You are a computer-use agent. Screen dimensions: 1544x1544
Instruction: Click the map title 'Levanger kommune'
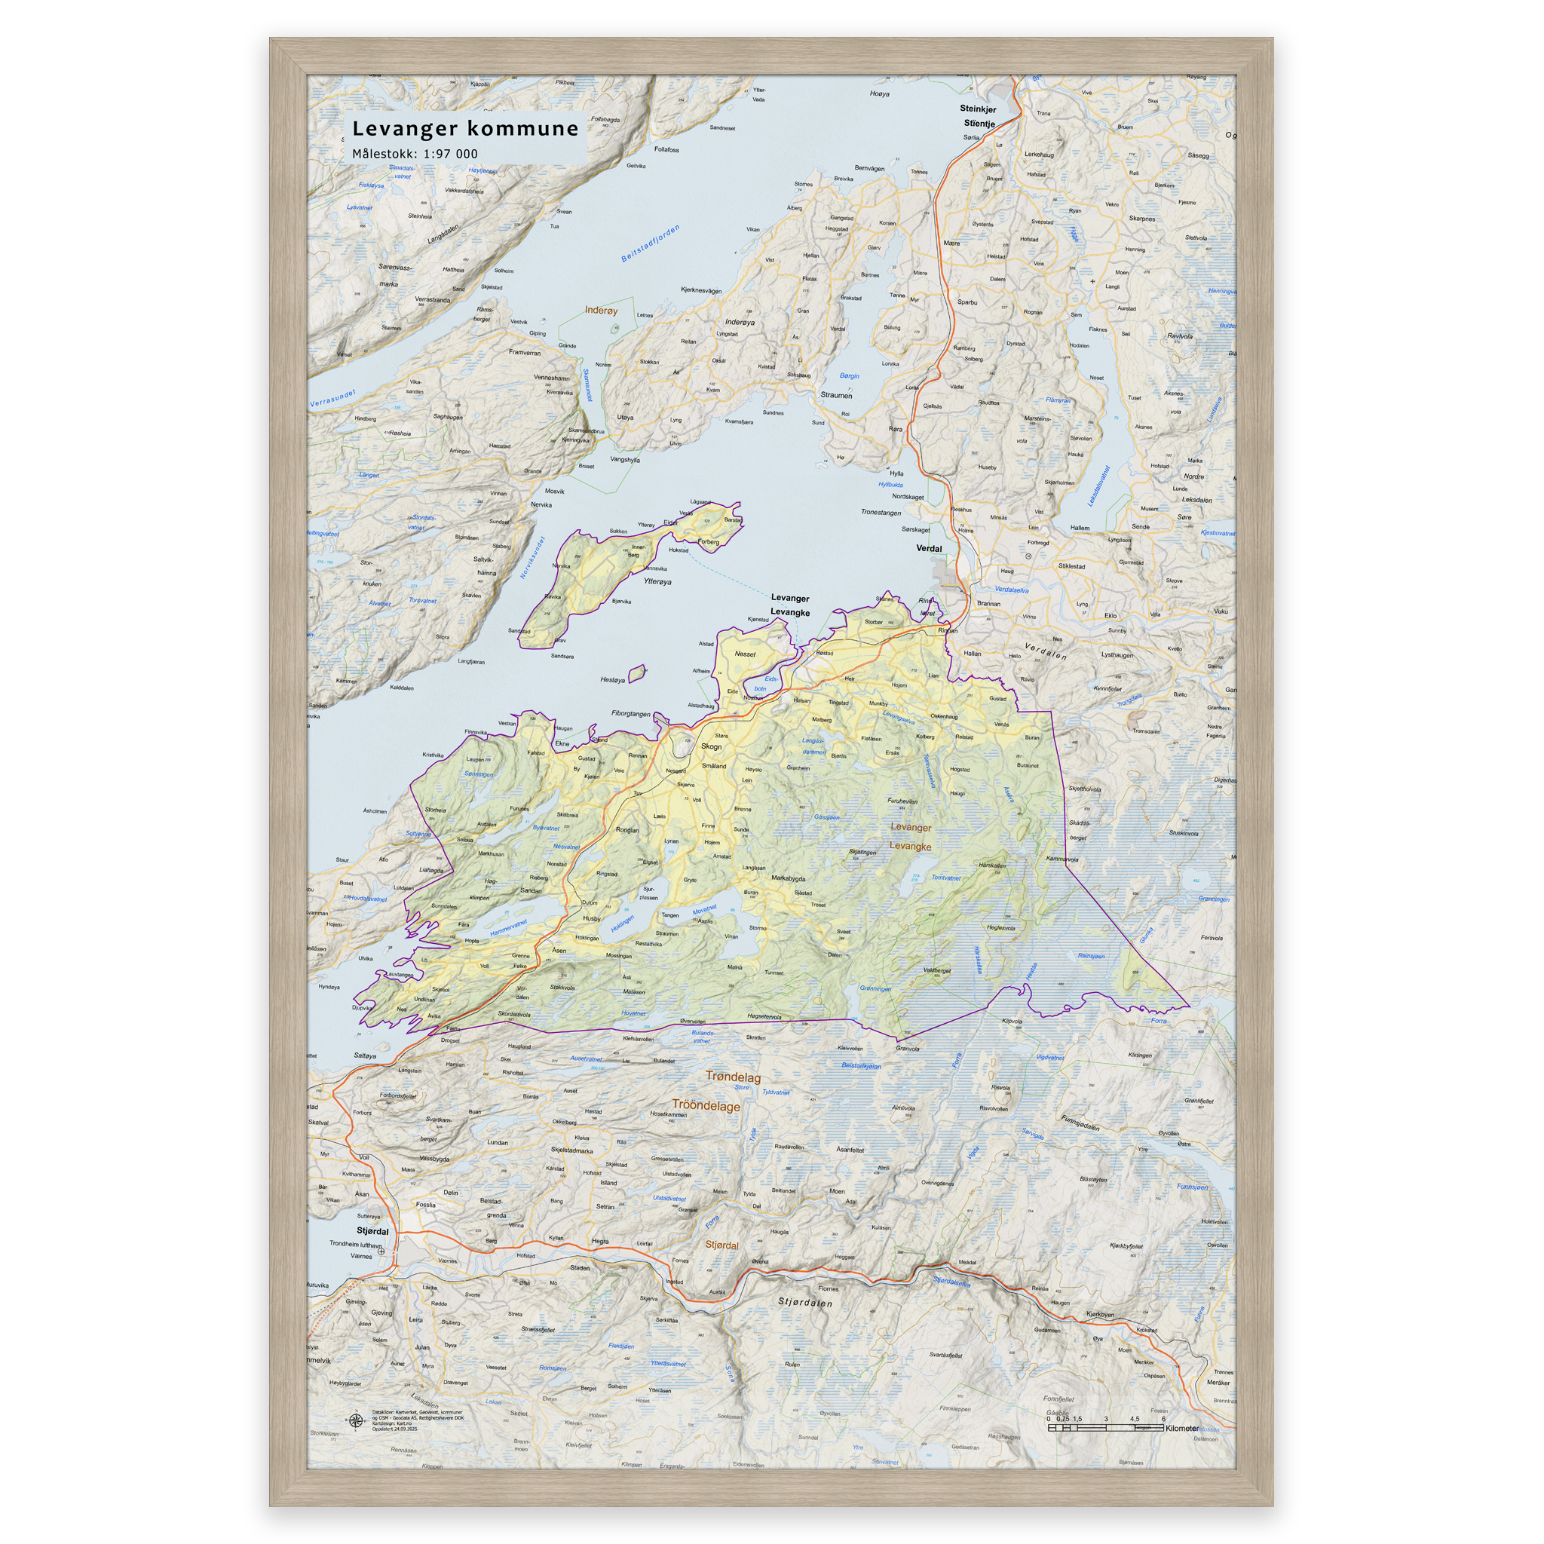click(465, 129)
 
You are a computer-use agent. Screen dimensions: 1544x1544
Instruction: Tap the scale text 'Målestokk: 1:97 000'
click(415, 155)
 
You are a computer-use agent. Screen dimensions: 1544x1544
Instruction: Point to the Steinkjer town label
click(978, 109)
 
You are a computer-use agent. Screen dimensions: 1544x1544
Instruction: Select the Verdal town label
click(929, 548)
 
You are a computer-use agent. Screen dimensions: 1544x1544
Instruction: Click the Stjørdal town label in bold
click(372, 1230)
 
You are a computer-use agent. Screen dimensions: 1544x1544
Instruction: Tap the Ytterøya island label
click(657, 582)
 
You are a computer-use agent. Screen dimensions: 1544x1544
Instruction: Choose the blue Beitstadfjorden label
click(651, 244)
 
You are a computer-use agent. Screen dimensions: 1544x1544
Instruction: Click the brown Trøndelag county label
click(733, 1077)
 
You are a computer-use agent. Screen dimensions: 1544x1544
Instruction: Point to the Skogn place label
click(711, 746)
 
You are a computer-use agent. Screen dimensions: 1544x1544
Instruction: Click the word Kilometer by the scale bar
click(1182, 1428)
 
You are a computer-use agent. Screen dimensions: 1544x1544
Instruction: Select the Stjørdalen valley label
click(804, 1303)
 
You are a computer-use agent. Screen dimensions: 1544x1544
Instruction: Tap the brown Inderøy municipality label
click(601, 310)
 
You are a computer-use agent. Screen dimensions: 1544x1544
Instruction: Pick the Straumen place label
click(836, 395)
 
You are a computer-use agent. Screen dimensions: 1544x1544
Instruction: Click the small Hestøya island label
click(612, 680)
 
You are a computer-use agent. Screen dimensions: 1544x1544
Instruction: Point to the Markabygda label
click(788, 878)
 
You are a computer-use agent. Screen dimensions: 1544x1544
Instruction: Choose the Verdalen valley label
click(1046, 651)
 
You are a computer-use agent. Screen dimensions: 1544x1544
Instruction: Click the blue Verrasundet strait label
click(332, 398)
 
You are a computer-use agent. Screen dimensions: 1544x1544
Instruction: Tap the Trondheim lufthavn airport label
click(356, 1243)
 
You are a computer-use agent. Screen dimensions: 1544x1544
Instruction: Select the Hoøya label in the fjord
click(879, 93)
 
